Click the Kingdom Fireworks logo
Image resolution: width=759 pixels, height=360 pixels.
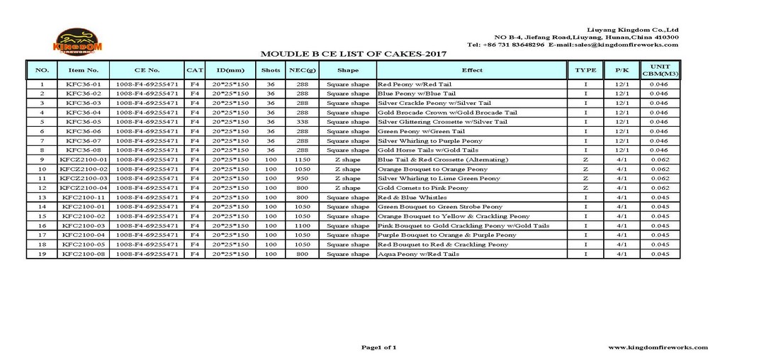click(78, 42)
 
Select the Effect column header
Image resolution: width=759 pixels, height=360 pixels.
click(472, 70)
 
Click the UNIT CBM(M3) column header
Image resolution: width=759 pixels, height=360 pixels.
click(660, 70)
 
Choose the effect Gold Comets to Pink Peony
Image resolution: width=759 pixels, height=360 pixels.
click(423, 188)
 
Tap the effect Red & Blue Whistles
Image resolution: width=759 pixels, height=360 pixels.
click(412, 197)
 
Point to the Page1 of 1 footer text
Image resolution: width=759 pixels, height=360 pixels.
click(379, 347)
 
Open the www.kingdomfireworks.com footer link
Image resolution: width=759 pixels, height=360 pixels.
click(658, 347)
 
